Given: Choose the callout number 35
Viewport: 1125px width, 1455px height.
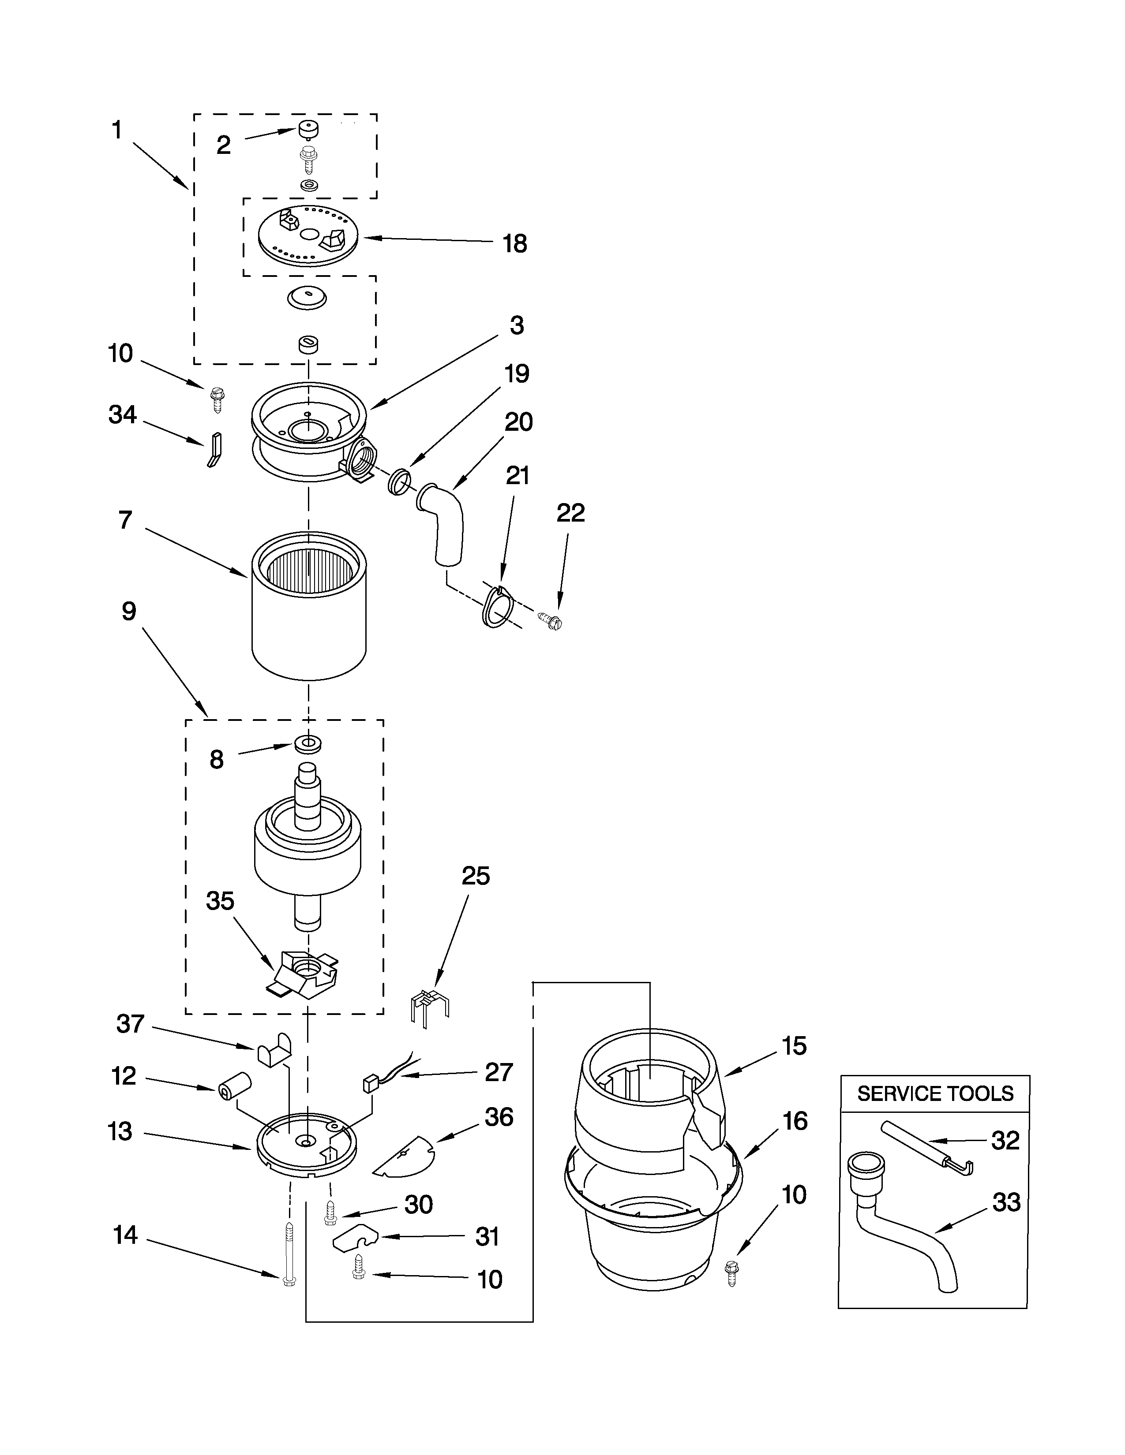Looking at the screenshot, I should pyautogui.click(x=220, y=901).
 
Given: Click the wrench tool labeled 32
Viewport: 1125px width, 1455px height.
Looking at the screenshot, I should pyautogui.click(x=926, y=1149).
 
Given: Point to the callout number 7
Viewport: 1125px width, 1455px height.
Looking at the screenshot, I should pyautogui.click(x=125, y=520).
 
